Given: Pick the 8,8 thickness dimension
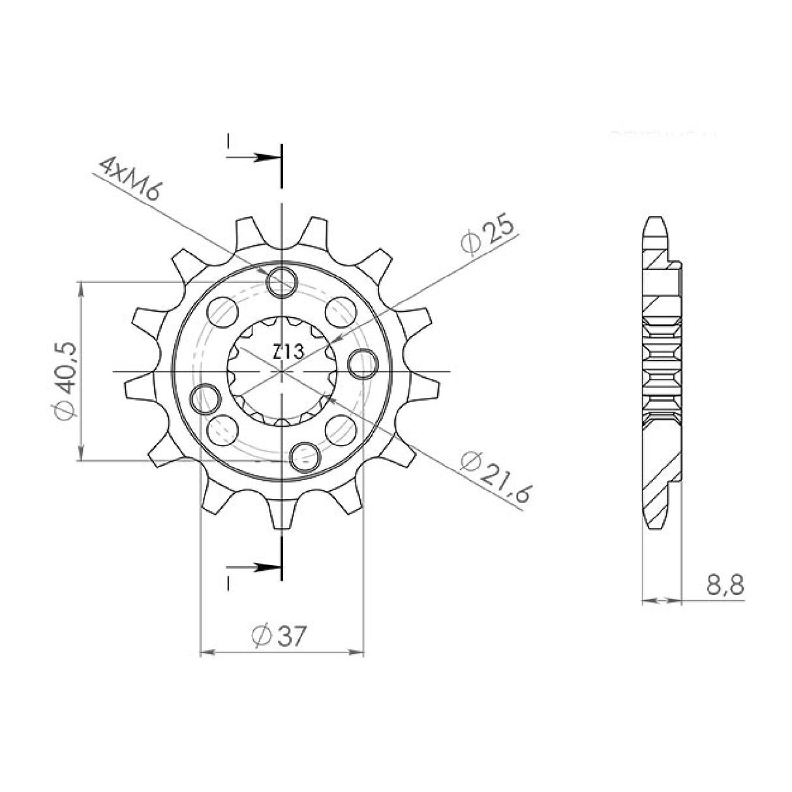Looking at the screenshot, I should tap(725, 585).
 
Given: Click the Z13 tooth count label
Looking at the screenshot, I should tap(288, 352).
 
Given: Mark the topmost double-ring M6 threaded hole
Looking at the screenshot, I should tap(282, 281).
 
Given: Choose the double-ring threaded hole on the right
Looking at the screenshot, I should tap(363, 363).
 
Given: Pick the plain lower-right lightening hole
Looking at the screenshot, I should tap(340, 429).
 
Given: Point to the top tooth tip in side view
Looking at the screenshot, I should tap(654, 225).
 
